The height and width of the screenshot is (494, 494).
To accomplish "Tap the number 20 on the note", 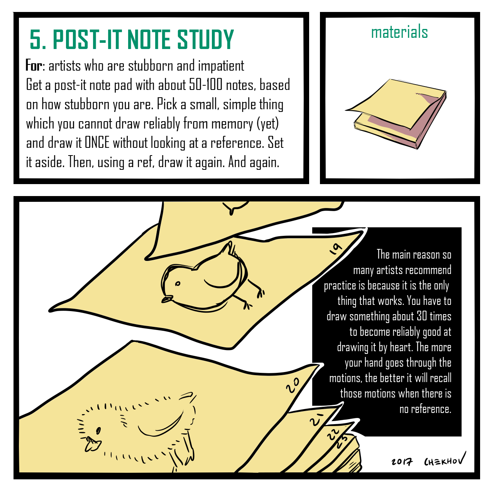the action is pyautogui.click(x=293, y=385).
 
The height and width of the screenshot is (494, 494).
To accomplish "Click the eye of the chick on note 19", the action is pyautogui.click(x=178, y=284).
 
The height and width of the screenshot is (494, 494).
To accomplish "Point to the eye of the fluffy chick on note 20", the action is pyautogui.click(x=98, y=430).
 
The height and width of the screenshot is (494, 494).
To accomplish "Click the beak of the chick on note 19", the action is pyautogui.click(x=167, y=299).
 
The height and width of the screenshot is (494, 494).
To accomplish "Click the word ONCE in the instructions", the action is pyautogui.click(x=97, y=142).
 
